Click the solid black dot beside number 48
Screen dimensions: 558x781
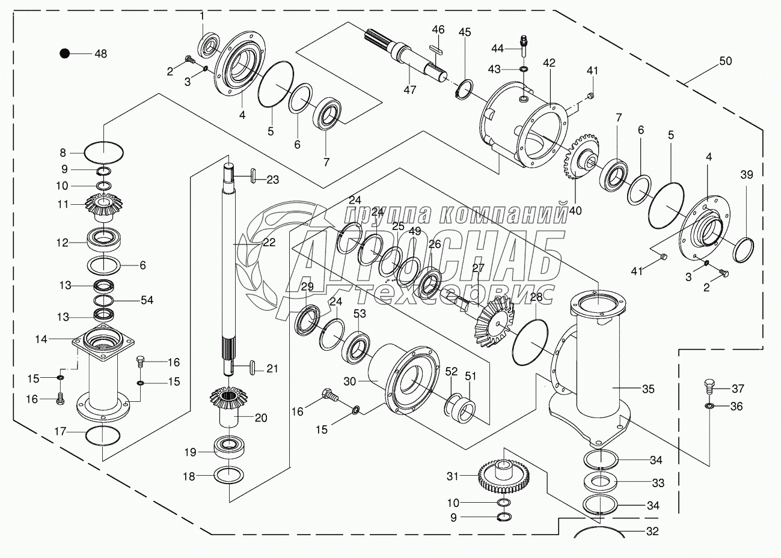click(x=64, y=53)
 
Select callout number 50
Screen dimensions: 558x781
click(x=725, y=61)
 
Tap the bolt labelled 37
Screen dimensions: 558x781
click(x=708, y=385)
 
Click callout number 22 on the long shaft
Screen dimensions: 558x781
click(x=268, y=242)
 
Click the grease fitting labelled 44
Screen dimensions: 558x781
click(x=523, y=45)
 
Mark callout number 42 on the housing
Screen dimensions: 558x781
click(x=549, y=63)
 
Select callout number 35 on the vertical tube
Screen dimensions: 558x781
click(x=648, y=389)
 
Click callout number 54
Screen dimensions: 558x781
click(x=147, y=300)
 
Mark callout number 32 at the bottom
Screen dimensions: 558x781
click(x=652, y=531)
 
